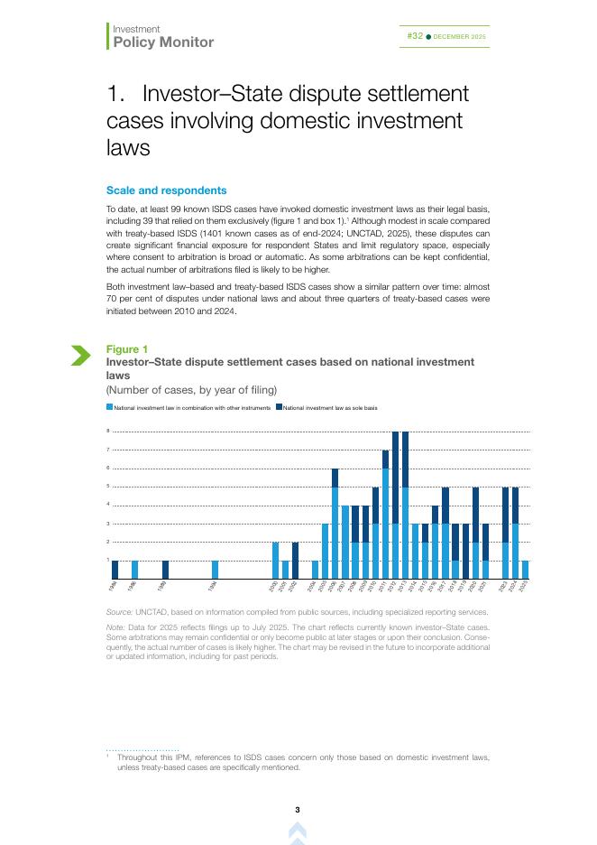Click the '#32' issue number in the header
(x=415, y=36)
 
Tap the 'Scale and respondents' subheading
(x=166, y=190)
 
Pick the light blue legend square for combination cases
(x=109, y=408)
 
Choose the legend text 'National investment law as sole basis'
(x=329, y=408)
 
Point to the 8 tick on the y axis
(x=108, y=432)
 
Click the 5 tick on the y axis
(x=108, y=487)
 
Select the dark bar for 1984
(x=115, y=570)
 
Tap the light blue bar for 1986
(x=134, y=570)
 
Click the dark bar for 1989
(x=165, y=570)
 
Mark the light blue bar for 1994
(x=215, y=570)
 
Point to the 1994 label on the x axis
(x=212, y=587)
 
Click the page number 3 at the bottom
(x=298, y=809)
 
